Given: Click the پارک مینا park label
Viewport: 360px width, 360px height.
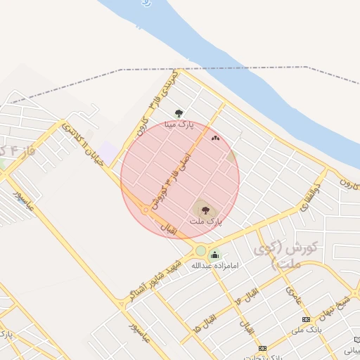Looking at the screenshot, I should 178,124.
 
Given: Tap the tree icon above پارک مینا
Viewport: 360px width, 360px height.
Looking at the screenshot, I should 179,112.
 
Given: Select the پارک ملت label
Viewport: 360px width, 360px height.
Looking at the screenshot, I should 205,221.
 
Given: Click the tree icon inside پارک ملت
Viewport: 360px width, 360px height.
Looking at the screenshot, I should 205,209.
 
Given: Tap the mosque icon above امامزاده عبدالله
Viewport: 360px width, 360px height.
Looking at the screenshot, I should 214,255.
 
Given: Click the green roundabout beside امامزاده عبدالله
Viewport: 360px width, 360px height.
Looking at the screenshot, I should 201,250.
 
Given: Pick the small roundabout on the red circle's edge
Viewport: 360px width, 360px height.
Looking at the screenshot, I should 146,210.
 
